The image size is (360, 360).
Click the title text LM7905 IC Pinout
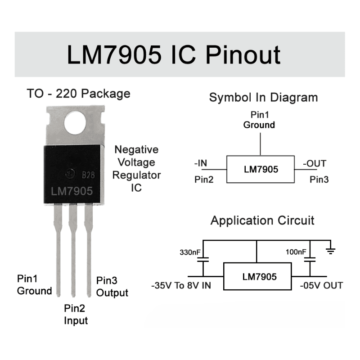coord(174,55)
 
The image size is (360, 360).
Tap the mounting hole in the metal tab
coord(75,122)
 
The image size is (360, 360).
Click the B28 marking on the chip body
coord(88,175)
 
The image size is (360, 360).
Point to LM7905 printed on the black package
coord(72,191)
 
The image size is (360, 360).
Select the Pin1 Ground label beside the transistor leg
coord(35,285)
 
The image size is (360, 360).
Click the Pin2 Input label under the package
coord(76,314)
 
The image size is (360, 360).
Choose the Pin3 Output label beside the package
coord(112,287)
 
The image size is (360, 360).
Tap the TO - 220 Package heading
coord(78,94)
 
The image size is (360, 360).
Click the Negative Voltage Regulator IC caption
coord(136,168)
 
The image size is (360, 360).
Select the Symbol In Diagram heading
coord(264,97)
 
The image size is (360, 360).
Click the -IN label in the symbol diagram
coord(201,163)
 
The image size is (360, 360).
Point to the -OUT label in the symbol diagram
coord(315,163)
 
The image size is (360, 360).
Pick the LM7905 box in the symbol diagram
coord(261,169)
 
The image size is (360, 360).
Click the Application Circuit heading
coord(262,220)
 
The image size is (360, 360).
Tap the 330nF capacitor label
coord(190,252)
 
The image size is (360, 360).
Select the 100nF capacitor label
coord(296,252)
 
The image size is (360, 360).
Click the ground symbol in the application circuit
coord(331,251)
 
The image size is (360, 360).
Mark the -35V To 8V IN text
coord(181,286)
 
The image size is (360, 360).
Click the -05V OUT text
coord(321,286)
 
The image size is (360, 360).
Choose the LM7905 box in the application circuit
coord(257,276)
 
